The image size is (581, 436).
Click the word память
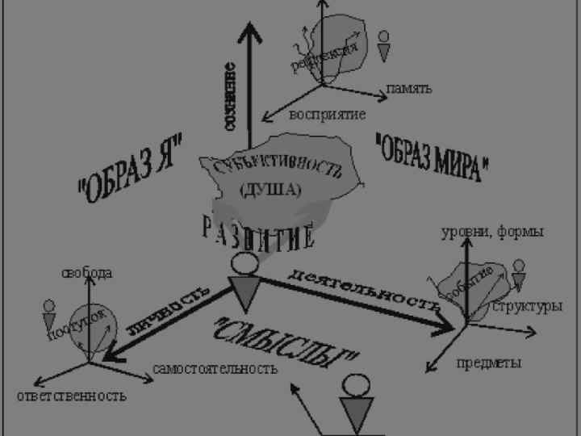409,88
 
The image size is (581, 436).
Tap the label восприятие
328,115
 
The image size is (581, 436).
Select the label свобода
87,273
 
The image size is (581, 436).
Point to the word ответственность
72,396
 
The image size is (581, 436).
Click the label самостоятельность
215,368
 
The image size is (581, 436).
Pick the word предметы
488,363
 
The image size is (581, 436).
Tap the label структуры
527,307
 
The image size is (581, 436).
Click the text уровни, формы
492,232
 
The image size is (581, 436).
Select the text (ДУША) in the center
270,191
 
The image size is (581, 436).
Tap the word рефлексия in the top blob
324,56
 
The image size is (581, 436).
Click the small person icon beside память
385,46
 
